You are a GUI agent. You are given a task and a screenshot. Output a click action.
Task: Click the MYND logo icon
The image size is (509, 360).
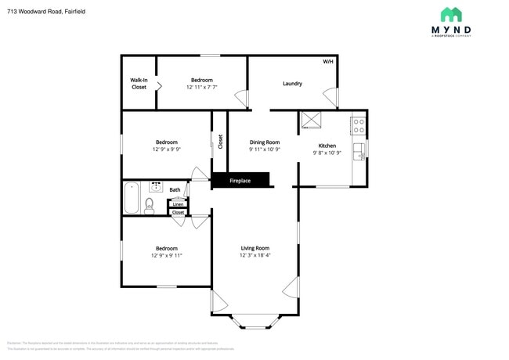451,15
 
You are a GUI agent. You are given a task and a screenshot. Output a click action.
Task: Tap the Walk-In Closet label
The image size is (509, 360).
139,84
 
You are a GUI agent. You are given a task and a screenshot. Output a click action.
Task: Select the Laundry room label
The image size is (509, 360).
292,84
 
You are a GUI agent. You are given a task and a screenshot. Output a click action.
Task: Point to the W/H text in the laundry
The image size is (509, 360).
327,62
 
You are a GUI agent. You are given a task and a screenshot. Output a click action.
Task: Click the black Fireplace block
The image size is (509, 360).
240,181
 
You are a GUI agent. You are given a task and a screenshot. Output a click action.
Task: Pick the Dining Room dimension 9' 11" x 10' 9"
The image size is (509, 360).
265,149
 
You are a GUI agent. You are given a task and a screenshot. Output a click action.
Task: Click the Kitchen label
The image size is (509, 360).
327,146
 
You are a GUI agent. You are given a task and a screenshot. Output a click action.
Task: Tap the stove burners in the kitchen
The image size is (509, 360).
358,125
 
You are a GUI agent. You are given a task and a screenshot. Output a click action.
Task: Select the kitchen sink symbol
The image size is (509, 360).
359,149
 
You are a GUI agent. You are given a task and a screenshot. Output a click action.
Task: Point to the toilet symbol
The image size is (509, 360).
150,205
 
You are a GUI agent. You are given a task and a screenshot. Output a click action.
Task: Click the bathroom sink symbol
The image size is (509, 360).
156,188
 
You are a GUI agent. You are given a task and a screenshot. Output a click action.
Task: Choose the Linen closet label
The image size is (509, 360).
178,204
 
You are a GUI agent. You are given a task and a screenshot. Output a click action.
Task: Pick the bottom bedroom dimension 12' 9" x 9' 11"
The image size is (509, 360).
166,255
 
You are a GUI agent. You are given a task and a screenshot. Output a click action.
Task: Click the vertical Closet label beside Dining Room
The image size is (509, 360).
220,142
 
